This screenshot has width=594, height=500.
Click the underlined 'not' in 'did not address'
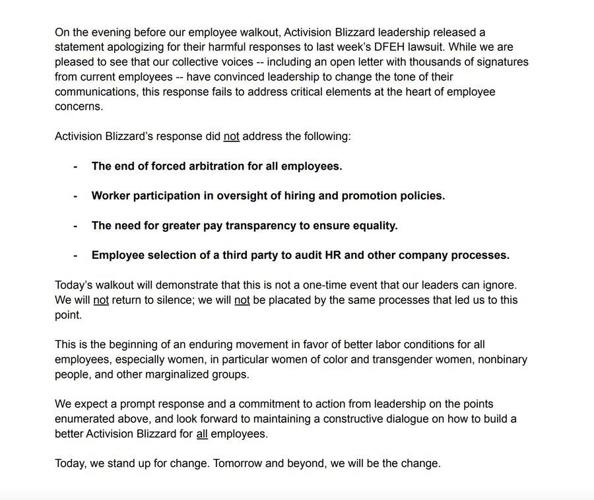coord(231,136)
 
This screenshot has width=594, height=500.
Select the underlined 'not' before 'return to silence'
coord(100,300)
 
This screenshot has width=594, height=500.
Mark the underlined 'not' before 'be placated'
coord(242,300)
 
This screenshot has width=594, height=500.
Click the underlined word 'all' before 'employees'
coord(202,434)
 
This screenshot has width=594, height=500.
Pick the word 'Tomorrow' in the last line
coord(236,463)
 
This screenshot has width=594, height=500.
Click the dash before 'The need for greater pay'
coord(75,225)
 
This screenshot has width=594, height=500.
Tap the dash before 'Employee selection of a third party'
coord(75,255)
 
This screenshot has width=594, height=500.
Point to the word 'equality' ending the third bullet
coord(374,225)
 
